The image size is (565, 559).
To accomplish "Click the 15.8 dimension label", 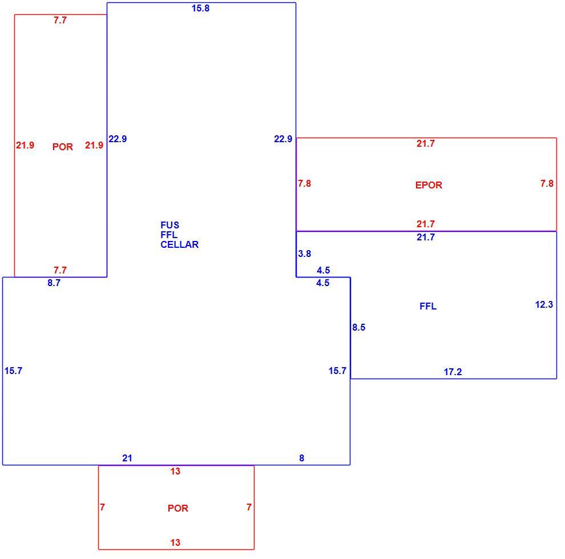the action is pyautogui.click(x=200, y=9).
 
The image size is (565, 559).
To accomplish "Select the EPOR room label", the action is pyautogui.click(x=429, y=185).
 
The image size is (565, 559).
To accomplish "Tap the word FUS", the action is pyautogui.click(x=169, y=226).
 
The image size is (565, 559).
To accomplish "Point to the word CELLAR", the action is pyautogui.click(x=179, y=245).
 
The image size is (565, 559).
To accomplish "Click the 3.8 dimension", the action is pyautogui.click(x=305, y=254).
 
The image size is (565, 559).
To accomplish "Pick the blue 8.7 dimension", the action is pyautogui.click(x=54, y=283).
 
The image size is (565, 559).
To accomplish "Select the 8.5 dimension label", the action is pyautogui.click(x=359, y=327).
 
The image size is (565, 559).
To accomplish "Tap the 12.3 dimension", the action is pyautogui.click(x=544, y=304).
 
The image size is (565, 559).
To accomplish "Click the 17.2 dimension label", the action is pyautogui.click(x=453, y=372).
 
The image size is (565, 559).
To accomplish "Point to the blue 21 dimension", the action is pyautogui.click(x=127, y=458).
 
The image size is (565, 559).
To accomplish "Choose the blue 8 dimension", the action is pyautogui.click(x=301, y=458).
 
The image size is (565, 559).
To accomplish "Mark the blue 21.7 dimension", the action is pyautogui.click(x=426, y=237).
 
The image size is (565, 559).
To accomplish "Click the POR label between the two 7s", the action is pyautogui.click(x=178, y=508).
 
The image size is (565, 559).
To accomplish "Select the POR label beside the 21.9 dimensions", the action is pyautogui.click(x=63, y=147).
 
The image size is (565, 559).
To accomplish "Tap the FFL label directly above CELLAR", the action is pyautogui.click(x=169, y=235).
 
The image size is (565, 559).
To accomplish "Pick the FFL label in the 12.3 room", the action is pyautogui.click(x=428, y=307).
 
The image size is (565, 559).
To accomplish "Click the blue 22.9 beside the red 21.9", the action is pyautogui.click(x=118, y=139).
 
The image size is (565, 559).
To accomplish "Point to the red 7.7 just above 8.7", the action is pyautogui.click(x=60, y=270).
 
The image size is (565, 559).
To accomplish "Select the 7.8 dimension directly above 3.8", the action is pyautogui.click(x=305, y=183).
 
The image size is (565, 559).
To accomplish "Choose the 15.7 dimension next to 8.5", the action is pyautogui.click(x=337, y=371).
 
